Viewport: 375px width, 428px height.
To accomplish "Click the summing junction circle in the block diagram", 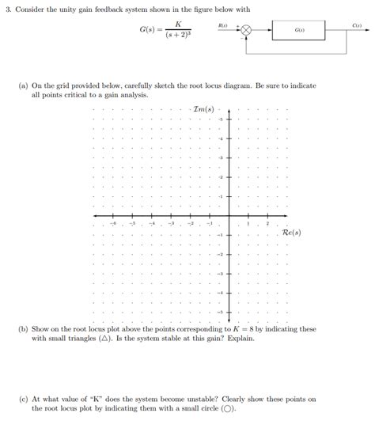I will tap(246, 33).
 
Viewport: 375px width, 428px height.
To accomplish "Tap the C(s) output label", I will tap(357, 27).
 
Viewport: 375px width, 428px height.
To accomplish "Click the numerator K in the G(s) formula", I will tap(179, 25).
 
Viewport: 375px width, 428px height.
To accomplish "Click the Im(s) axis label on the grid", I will tap(203, 108).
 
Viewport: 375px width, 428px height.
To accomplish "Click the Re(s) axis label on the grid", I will tap(291, 233).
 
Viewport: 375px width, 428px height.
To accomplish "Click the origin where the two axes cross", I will tap(229, 216).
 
